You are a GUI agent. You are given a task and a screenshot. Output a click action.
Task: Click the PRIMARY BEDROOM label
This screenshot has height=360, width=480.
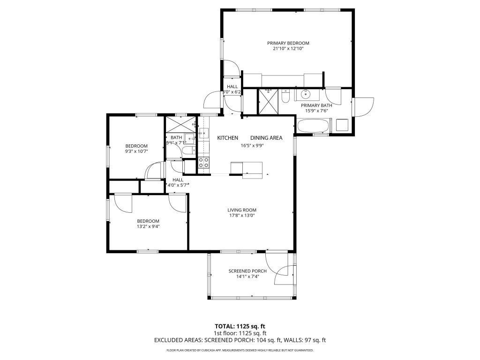tap(288, 43)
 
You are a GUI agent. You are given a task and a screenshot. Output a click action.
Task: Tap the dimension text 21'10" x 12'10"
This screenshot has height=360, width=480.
tap(288, 49)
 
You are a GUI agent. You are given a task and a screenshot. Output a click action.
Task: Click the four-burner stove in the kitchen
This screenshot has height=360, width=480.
tap(204, 162)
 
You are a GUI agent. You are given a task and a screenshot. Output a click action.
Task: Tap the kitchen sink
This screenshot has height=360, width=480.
tap(203, 133)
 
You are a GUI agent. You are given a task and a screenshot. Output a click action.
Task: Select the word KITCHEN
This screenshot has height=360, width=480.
tap(227, 138)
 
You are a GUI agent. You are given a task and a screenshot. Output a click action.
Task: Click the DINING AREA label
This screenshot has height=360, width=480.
tap(266, 138)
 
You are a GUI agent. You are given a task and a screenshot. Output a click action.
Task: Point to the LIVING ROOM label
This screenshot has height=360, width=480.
tap(242, 210)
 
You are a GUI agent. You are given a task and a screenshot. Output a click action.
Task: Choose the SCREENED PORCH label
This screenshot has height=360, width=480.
tap(247, 271)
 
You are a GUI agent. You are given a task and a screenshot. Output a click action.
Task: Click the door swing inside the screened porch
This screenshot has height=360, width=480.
tap(281, 274)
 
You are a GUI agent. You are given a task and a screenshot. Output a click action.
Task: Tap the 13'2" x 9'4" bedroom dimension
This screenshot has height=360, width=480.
tap(148, 226)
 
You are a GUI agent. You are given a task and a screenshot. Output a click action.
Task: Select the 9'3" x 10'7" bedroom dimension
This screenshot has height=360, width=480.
tap(136, 151)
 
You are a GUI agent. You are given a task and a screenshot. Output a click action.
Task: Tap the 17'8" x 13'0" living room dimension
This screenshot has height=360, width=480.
tap(242, 216)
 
